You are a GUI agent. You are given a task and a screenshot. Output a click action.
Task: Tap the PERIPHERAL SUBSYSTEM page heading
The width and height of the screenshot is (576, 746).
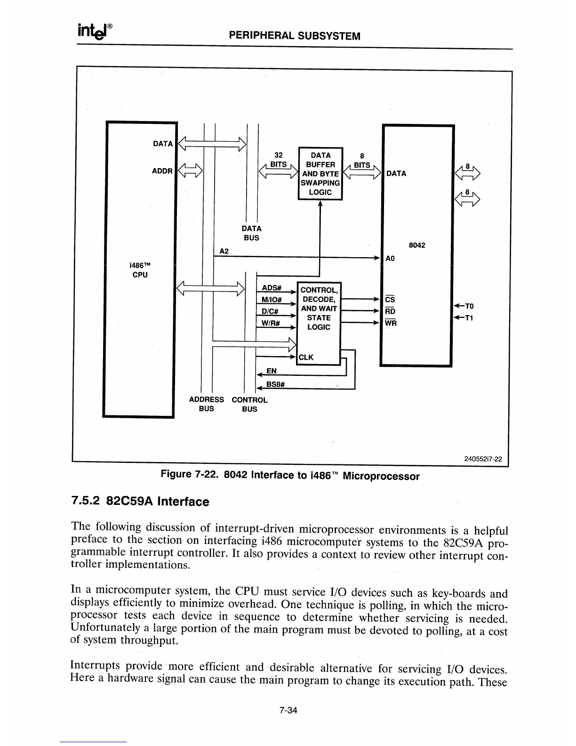click(294, 36)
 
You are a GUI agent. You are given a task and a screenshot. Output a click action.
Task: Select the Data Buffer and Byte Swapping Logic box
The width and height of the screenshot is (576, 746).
click(320, 174)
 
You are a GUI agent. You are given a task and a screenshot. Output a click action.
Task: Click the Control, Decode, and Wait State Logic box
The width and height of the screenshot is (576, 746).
click(319, 308)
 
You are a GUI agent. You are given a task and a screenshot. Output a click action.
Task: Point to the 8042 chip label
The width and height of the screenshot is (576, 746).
click(416, 245)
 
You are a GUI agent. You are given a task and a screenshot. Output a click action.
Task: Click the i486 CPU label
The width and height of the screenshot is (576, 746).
click(140, 270)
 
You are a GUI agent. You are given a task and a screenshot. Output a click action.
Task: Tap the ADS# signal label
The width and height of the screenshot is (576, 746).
click(272, 288)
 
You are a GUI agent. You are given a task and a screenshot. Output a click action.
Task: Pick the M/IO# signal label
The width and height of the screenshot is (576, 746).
click(272, 300)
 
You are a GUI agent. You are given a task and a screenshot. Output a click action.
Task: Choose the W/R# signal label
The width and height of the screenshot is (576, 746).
click(271, 323)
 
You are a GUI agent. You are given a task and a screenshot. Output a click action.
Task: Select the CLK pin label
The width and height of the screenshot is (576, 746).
click(306, 357)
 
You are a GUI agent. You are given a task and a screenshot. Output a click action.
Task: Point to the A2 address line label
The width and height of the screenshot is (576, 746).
click(224, 251)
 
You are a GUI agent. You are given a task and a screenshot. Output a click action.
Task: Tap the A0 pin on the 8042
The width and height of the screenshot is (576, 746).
click(390, 259)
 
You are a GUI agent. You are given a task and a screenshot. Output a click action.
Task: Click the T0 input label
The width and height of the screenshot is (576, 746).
click(469, 306)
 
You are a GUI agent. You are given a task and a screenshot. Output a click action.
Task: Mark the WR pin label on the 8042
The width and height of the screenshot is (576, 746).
click(391, 323)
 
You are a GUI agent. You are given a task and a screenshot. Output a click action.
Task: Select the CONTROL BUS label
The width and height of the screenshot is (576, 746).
click(249, 405)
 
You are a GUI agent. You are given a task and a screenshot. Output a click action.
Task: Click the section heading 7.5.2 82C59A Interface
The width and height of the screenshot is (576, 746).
click(140, 501)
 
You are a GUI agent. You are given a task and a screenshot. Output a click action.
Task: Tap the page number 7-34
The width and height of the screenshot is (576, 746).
click(288, 710)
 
